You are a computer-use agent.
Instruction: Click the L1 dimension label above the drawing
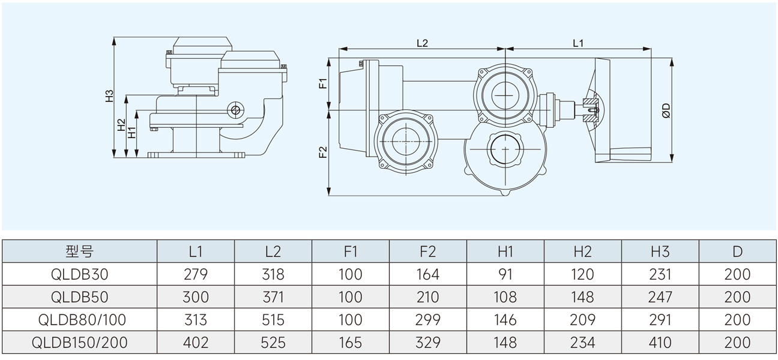click(578, 43)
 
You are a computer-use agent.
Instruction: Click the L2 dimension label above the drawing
click(422, 43)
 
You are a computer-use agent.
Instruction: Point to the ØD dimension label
click(666, 110)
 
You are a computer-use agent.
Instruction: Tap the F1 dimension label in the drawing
click(322, 83)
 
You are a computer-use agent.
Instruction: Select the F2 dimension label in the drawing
click(322, 152)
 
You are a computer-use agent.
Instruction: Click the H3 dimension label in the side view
click(109, 96)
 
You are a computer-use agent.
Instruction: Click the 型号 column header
click(79, 251)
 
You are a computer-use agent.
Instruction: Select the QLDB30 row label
click(79, 274)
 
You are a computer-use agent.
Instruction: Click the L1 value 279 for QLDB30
click(196, 274)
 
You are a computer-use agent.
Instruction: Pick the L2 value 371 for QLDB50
click(273, 297)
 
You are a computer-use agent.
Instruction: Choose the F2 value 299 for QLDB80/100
click(428, 320)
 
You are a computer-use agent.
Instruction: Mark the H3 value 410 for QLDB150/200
click(660, 343)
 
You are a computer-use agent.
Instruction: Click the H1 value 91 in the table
click(505, 274)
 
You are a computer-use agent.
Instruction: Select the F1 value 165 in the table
click(351, 343)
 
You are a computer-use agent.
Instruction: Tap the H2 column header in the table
click(583, 251)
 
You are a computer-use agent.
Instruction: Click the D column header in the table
click(738, 251)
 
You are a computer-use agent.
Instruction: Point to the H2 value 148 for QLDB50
click(583, 297)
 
